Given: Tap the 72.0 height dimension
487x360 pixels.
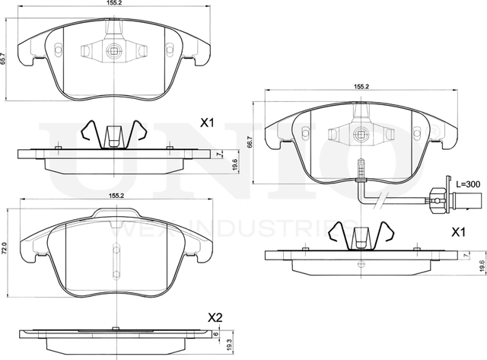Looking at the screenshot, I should [4, 248].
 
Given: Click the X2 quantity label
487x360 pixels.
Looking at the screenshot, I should [216, 317].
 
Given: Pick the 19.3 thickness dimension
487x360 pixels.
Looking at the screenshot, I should [229, 345].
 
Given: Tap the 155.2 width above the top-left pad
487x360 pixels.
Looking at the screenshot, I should [116, 4].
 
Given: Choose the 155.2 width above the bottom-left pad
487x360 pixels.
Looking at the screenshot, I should [116, 196].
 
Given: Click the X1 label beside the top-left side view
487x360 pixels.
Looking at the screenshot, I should [208, 122].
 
